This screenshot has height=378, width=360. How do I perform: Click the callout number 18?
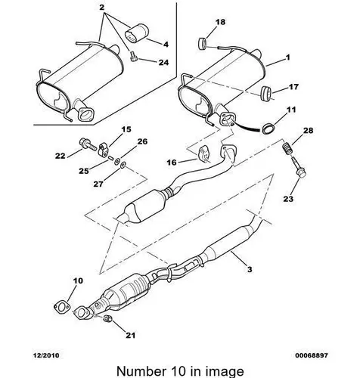coord(220,22)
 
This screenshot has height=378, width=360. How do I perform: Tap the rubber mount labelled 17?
coord(265,94)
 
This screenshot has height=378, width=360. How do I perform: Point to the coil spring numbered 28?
coord(287,150)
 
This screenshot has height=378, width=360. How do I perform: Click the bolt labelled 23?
coord(299,168)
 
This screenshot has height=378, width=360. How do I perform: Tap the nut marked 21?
coord(107,319)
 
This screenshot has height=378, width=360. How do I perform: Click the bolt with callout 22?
coord(88,144)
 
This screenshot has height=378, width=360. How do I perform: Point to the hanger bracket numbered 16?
coord(205,153)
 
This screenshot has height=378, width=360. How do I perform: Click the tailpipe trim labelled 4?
coord(137,35)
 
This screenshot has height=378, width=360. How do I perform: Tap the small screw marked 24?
coord(133,56)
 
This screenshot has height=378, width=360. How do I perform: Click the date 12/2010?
coord(46,355)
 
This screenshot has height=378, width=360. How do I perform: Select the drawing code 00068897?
coord(312,355)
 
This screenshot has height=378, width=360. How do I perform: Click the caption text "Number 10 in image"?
coord(180,371)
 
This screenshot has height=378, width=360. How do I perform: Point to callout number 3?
coord(250,269)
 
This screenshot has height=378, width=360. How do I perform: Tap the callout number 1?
coord(287,57)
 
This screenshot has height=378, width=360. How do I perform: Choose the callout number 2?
coord(101,8)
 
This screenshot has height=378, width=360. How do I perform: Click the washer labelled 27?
coord(123,166)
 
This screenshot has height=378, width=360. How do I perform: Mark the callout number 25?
coord(84,171)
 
